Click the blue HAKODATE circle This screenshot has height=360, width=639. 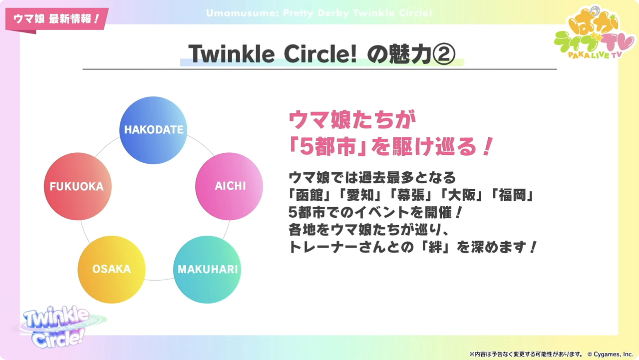tap(153, 130)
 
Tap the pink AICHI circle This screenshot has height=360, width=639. tap(229, 186)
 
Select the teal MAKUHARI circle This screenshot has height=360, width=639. tap(207, 270)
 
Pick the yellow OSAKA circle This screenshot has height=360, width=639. tap(111, 270)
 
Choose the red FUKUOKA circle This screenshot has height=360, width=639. tap(77, 186)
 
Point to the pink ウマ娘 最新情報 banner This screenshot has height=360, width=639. tap(57, 19)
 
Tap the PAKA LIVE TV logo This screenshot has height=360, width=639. tap(595, 33)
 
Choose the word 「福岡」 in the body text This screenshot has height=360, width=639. tap(512, 195)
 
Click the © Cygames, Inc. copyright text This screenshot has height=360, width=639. tap(610, 355)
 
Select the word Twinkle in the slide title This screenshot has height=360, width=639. tap(231, 54)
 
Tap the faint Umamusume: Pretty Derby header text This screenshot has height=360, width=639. tap(319, 13)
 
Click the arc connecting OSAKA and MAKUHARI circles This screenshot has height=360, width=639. tap(159, 280)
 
